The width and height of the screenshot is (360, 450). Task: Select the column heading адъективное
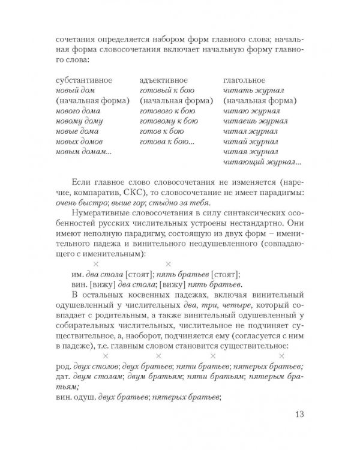click(x=163, y=80)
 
